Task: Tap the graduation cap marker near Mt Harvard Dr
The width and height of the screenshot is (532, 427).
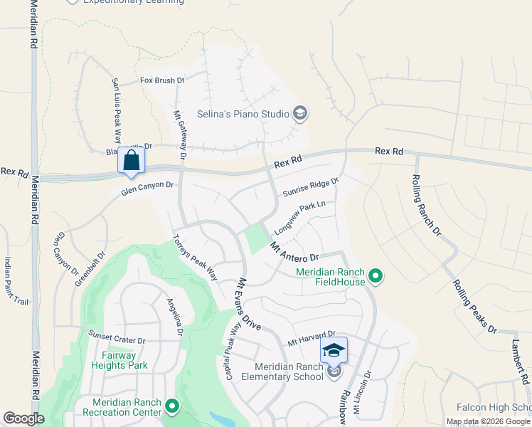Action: coord(334,349)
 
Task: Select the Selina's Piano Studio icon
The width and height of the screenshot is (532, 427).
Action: coord(300,113)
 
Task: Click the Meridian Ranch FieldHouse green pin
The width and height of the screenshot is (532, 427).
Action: coord(376,275)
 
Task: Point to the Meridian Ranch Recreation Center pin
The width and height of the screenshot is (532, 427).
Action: coord(172,406)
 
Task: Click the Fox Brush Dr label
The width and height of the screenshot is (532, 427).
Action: coord(162,81)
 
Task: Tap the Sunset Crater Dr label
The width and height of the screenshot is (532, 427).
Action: coord(117,332)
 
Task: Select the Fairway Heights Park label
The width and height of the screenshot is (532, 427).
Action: coord(119,360)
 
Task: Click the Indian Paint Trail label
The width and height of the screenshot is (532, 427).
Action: coord(16,281)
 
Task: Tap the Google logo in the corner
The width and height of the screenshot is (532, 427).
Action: coord(23,418)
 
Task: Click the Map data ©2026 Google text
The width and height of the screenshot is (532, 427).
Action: coord(488,422)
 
